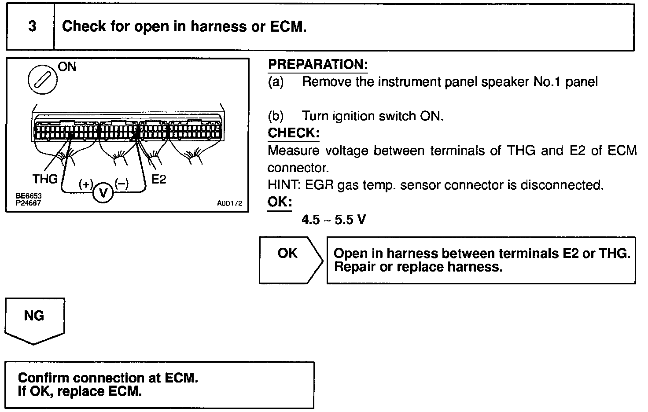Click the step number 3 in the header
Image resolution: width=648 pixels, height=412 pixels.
tap(32, 27)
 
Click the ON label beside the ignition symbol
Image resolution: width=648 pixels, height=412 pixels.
tap(67, 67)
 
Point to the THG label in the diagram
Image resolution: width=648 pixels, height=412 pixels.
tap(45, 179)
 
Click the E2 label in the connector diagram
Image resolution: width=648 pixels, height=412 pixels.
tap(158, 179)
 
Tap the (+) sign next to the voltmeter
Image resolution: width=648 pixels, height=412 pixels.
tap(85, 184)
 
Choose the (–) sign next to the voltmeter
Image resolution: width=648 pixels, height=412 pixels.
tap(121, 184)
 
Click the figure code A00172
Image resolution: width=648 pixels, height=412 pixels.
tap(229, 204)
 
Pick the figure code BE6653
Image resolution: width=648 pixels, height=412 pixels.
tap(26, 196)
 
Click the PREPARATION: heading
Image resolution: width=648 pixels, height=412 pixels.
tap(318, 65)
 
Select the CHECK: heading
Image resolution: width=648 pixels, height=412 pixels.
tap(294, 133)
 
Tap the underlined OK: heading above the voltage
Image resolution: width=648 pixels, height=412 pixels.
tap(280, 202)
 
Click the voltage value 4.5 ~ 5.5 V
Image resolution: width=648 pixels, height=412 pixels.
tap(333, 220)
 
